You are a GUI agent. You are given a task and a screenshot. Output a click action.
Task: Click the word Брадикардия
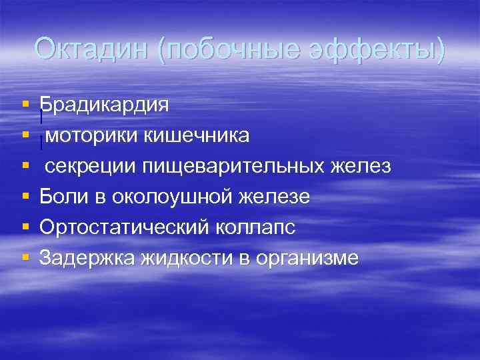click(x=103, y=105)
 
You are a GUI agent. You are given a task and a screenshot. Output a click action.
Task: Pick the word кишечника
click(x=197, y=135)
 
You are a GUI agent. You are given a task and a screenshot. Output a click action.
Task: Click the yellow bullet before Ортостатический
click(x=25, y=228)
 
